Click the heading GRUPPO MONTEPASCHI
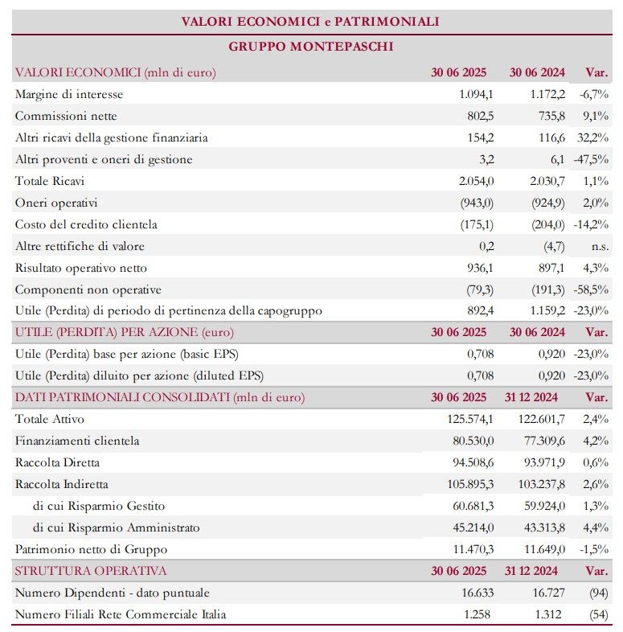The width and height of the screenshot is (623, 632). tap(311, 47)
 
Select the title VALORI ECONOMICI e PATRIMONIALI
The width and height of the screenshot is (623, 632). tap(310, 22)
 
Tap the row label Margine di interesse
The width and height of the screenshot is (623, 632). tap(69, 94)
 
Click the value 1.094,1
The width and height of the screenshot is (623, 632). tap(469, 94)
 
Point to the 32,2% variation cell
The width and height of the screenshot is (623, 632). tap(592, 137)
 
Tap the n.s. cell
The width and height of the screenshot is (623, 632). tap(597, 246)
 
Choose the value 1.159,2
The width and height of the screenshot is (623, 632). tap(543, 310)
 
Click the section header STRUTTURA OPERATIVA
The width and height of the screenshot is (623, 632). tap(92, 570)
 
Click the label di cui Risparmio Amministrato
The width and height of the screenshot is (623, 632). tap(117, 527)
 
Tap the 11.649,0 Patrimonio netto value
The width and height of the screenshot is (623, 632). tap(542, 549)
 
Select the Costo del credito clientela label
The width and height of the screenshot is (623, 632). tap(86, 224)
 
